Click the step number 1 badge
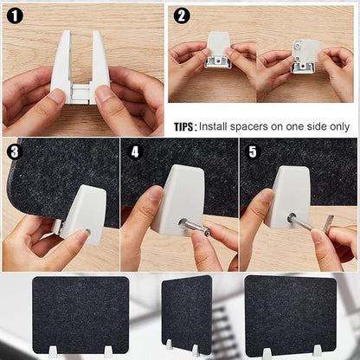click(16, 16)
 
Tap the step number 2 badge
click(181, 16)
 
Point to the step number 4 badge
click(134, 151)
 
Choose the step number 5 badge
click(253, 151)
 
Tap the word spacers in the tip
click(258, 126)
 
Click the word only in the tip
click(336, 126)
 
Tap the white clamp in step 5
click(287, 195)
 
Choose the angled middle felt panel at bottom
click(186, 313)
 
